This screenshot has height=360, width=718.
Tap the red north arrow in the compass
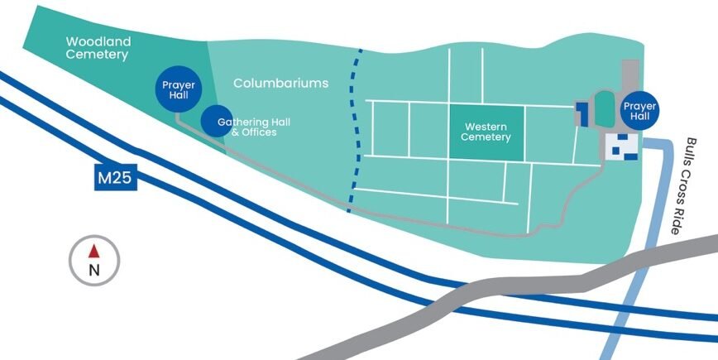tap(94, 250)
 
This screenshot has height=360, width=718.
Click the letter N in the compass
tap(94, 269)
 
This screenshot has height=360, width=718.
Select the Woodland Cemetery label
tap(98, 48)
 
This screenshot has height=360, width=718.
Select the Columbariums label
tap(281, 84)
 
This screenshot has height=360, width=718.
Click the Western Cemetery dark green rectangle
tap(486, 132)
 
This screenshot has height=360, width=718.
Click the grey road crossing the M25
tap(496, 290)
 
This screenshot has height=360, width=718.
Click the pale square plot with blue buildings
tap(622, 146)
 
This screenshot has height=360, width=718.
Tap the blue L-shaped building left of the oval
tap(582, 113)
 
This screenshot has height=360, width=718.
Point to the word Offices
tap(259, 132)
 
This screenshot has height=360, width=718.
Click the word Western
tap(486, 127)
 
